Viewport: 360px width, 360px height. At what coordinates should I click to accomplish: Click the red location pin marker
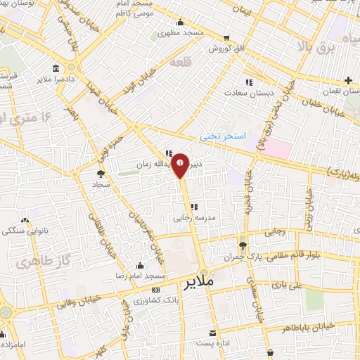(181, 165)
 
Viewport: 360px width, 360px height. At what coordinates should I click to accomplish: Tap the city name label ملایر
(198, 283)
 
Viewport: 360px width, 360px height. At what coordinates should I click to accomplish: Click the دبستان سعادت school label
(245, 92)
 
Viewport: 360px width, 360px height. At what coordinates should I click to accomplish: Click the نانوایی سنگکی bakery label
(20, 230)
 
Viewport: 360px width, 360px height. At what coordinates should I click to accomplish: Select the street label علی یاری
(289, 286)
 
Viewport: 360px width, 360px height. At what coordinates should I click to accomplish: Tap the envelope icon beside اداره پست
(212, 333)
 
